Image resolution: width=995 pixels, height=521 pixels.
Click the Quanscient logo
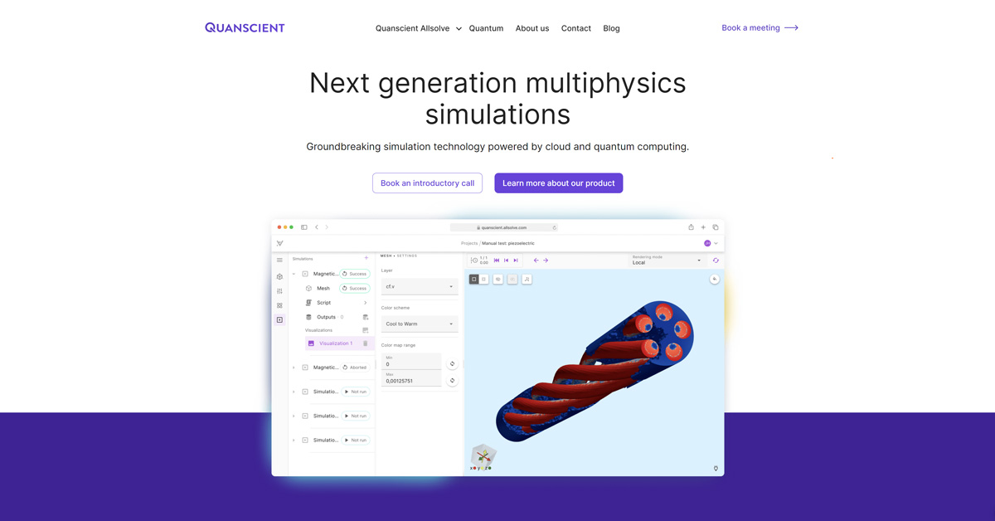point(245,27)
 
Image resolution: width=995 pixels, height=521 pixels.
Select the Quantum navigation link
point(486,28)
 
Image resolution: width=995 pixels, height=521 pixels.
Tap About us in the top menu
point(532,28)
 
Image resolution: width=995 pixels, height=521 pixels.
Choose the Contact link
point(576,28)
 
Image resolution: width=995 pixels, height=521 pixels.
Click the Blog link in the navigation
point(612,28)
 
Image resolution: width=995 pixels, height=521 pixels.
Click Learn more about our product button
point(558,183)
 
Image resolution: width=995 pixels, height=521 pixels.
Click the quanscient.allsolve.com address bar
point(504,227)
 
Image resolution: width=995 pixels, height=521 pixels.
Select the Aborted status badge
point(355,368)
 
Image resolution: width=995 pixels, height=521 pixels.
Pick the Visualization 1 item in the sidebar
point(336,343)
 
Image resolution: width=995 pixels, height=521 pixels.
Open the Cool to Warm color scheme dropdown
point(420,324)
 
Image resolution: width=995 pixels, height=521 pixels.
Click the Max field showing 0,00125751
point(412,381)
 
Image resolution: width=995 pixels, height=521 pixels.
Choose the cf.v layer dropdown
point(420,286)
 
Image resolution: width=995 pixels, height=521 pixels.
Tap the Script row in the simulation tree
point(324,303)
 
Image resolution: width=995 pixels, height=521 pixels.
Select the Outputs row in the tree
point(326,317)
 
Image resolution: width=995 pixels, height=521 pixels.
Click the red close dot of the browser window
point(279,227)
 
